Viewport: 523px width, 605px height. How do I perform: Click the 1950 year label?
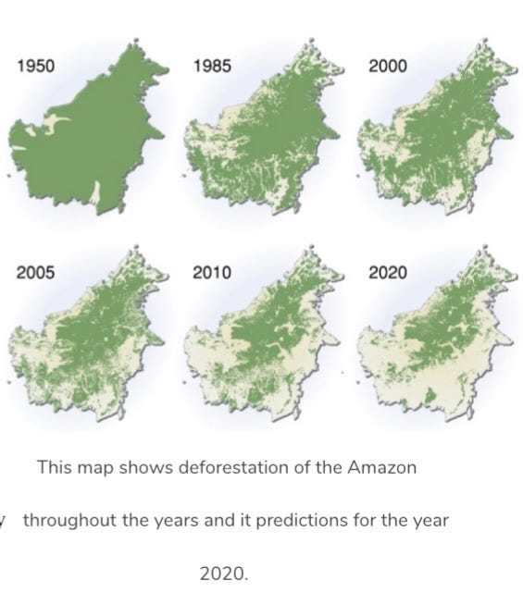click(36, 66)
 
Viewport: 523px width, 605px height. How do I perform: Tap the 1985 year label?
click(212, 66)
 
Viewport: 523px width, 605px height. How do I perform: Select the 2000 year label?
click(387, 66)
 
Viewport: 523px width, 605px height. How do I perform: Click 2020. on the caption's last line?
click(225, 574)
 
